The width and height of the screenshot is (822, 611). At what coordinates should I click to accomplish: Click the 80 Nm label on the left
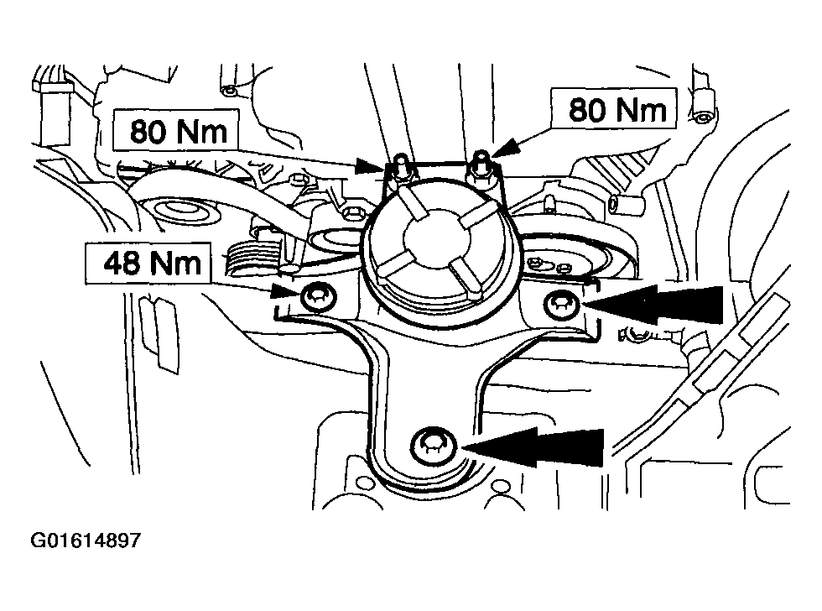click(176, 131)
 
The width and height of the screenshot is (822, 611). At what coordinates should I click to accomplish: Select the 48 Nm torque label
click(148, 263)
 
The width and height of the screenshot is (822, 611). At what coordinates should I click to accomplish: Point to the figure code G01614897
click(86, 540)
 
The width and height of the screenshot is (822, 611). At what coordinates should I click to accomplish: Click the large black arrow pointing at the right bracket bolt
click(653, 305)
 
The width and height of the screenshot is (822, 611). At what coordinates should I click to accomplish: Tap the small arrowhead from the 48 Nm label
click(286, 292)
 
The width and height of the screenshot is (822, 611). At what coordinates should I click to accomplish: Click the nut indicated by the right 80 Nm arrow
click(481, 170)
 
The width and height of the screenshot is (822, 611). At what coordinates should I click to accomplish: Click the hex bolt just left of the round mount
click(351, 213)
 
